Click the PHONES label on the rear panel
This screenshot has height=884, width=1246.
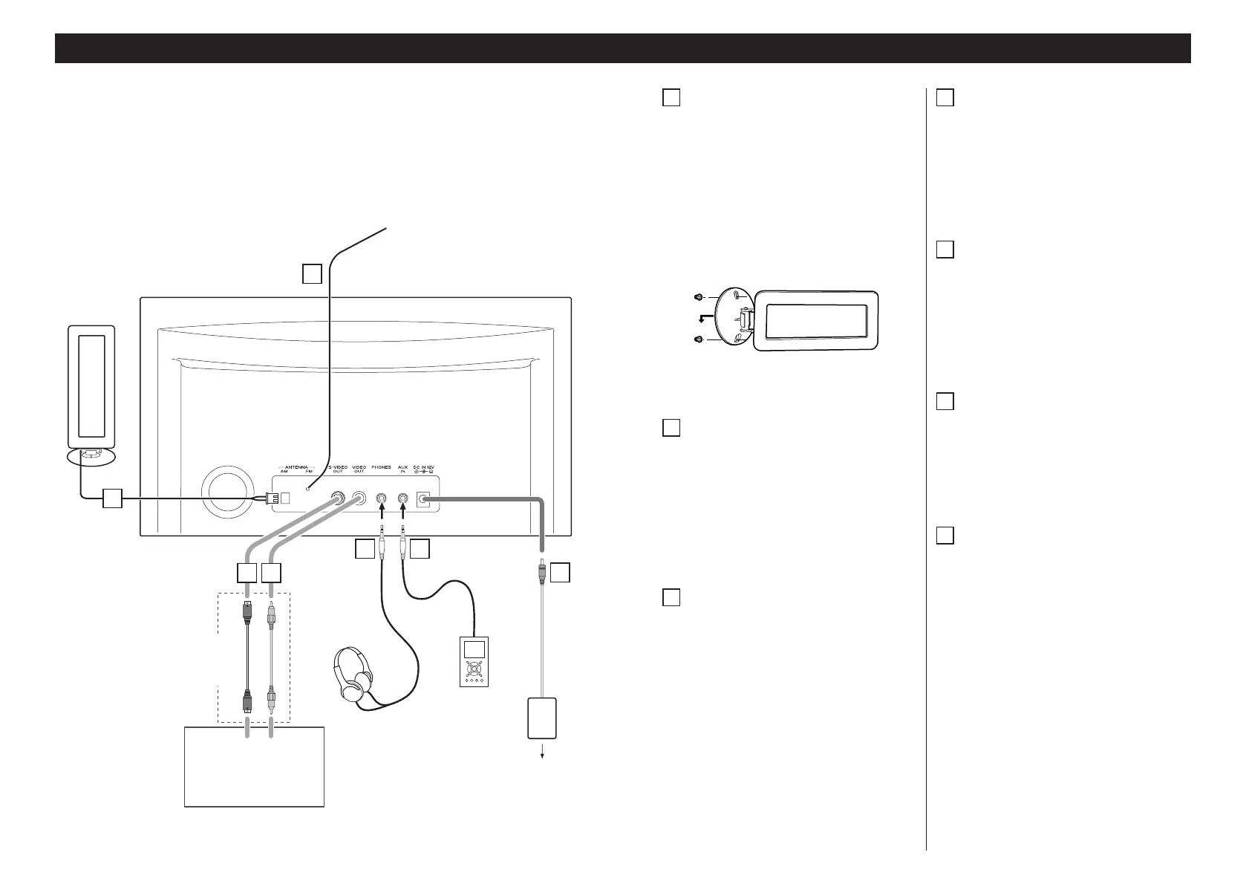tap(381, 467)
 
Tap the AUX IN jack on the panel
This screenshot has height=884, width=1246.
tap(403, 499)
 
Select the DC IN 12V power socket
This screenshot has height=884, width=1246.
tap(425, 499)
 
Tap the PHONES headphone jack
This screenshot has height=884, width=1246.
tap(382, 499)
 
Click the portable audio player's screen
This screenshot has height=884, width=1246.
tap(473, 648)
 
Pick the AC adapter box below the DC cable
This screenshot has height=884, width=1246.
tap(542, 718)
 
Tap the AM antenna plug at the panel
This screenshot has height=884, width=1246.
tap(270, 500)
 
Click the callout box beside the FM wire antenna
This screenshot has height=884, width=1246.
tap(312, 275)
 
